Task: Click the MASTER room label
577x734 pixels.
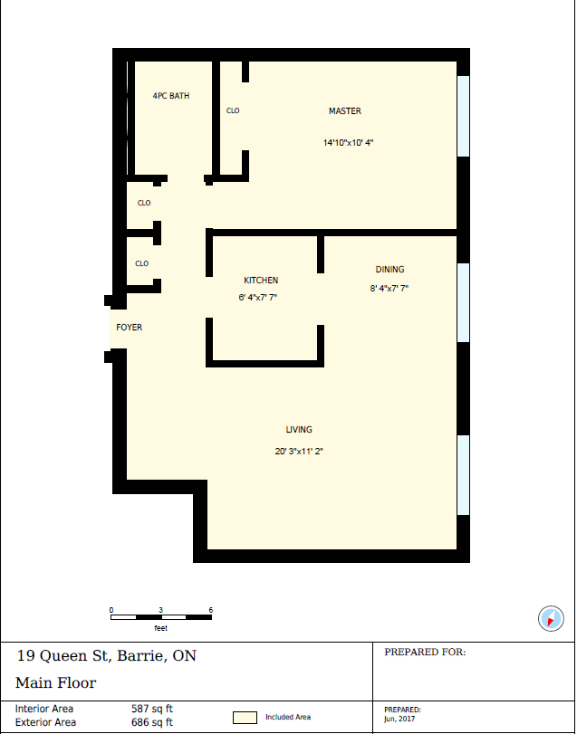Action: [345, 111]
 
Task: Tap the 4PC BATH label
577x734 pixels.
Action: [171, 96]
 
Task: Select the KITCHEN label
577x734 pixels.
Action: [261, 281]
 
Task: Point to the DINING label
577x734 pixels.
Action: [389, 270]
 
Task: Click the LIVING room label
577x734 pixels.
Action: [299, 430]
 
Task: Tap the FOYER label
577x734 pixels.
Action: [130, 328]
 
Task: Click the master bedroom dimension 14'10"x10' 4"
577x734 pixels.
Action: [348, 143]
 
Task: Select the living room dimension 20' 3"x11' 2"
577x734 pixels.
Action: [299, 452]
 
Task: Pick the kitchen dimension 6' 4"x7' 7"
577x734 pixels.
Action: [258, 297]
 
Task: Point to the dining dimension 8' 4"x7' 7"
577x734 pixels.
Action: [389, 289]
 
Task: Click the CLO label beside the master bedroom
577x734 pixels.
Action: [233, 111]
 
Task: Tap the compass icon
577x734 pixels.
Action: [551, 618]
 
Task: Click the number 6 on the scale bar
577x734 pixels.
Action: [211, 610]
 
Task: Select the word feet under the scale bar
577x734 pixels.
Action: [160, 628]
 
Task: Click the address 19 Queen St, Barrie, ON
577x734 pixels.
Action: [106, 656]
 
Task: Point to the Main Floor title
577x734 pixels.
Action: [56, 683]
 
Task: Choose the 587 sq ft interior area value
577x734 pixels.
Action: [152, 709]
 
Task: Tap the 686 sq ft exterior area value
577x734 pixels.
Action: [152, 722]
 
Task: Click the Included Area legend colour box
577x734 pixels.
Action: [245, 718]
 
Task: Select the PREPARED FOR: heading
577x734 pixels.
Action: [425, 653]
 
